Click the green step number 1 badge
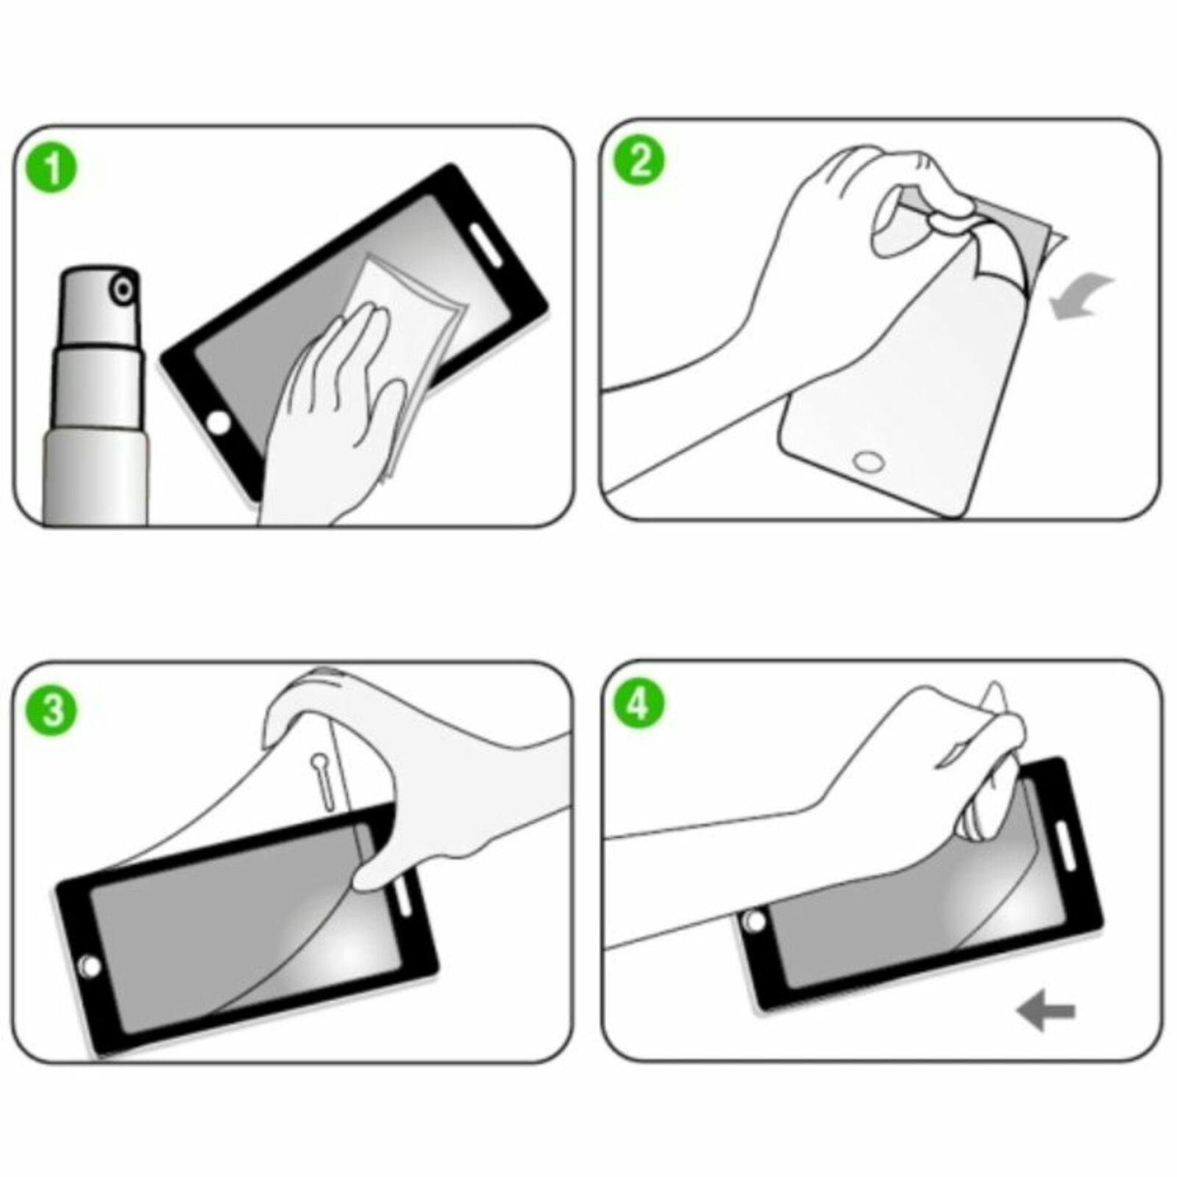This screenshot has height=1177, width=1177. (51, 169)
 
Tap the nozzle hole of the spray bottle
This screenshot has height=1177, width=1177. (122, 289)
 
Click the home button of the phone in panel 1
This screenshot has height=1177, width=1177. (218, 424)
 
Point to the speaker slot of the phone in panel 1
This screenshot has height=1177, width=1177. (483, 246)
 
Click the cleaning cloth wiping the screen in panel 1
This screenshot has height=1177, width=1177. (412, 309)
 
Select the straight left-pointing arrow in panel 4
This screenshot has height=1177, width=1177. (1046, 1012)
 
